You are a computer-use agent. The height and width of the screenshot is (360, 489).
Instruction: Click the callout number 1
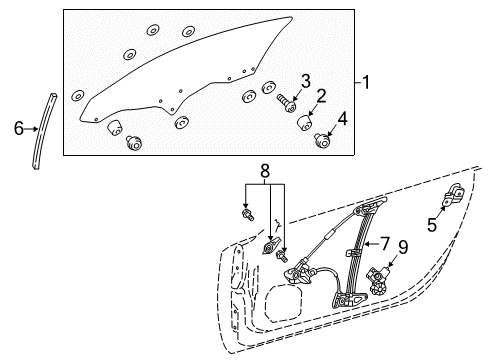coord(366,82)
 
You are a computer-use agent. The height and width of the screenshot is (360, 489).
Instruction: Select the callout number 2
coord(321,96)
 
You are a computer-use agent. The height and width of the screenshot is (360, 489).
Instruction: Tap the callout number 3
coord(306,82)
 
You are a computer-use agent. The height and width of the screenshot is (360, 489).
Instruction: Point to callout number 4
coord(342,119)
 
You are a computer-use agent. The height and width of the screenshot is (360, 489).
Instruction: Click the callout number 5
coord(432,225)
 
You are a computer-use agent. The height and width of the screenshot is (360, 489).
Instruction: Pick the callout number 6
coord(19,128)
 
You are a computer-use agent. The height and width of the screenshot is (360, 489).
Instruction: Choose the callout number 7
coord(385,244)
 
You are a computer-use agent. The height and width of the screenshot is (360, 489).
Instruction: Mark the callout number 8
coord(265,172)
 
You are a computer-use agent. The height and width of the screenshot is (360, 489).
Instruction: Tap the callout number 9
coord(403,247)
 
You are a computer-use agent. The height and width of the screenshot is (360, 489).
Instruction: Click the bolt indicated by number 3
coord(287,103)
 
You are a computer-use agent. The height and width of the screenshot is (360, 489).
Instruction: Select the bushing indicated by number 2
coord(305,123)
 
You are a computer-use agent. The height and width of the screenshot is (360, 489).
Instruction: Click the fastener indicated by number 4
coord(322,139)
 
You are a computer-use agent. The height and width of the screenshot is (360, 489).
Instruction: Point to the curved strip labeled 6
coord(44,131)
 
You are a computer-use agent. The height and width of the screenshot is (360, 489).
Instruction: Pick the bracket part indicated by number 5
coord(453,195)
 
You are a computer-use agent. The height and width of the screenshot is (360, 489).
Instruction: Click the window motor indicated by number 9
coord(379,280)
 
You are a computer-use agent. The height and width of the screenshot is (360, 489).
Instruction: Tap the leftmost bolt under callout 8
coord(247,215)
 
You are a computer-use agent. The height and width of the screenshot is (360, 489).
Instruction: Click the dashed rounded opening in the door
coord(284,303)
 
